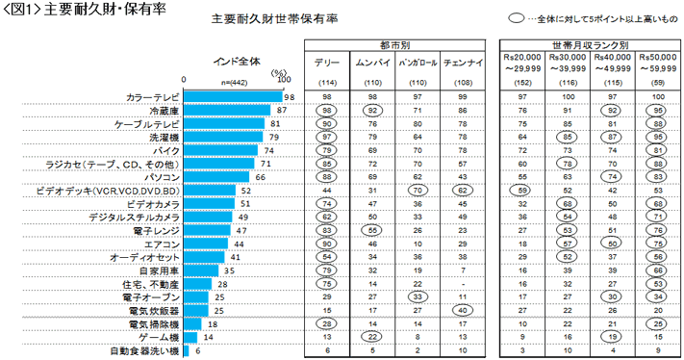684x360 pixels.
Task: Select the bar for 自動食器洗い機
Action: pyautogui.click(x=187, y=351)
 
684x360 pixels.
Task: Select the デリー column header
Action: pyautogui.click(x=327, y=62)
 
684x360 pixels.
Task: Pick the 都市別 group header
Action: pyautogui.click(x=394, y=45)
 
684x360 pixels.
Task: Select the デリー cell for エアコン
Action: pyautogui.click(x=327, y=244)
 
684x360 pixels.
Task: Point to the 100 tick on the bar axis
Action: pyautogui.click(x=284, y=81)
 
